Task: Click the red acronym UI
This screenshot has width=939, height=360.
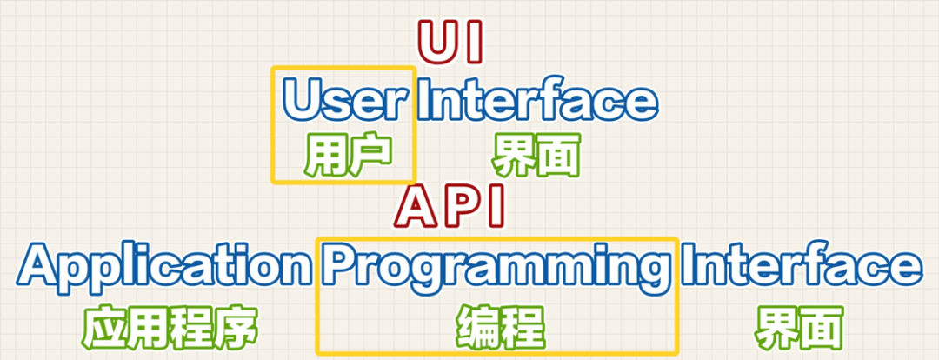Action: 450,41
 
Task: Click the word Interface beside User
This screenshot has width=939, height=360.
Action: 536,101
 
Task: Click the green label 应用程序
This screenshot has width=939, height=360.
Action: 170,330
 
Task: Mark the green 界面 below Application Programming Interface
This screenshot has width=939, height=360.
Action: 799,330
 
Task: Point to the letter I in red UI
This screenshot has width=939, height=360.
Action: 473,41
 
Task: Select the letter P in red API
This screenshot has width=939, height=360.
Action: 458,206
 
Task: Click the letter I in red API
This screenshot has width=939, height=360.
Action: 494,206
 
